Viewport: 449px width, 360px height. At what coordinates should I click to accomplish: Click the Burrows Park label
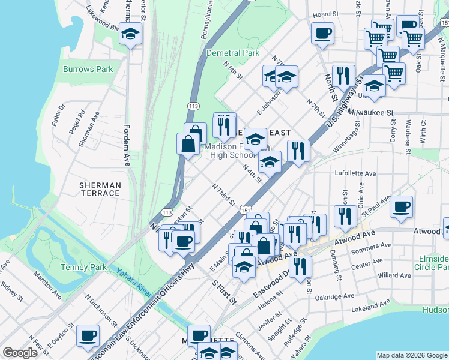pos(88,69)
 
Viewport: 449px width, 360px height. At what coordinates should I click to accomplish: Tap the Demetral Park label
pos(232,53)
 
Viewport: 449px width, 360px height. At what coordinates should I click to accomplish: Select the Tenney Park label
pos(83,266)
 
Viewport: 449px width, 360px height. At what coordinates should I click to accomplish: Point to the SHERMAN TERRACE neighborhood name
pos(100,189)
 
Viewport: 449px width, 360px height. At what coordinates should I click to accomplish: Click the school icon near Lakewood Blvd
pos(130,34)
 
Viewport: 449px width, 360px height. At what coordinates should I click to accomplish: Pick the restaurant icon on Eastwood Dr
pos(300,266)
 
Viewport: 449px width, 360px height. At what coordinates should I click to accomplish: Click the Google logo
pos(20,353)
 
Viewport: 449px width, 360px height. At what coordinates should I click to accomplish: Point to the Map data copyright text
pos(412,355)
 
